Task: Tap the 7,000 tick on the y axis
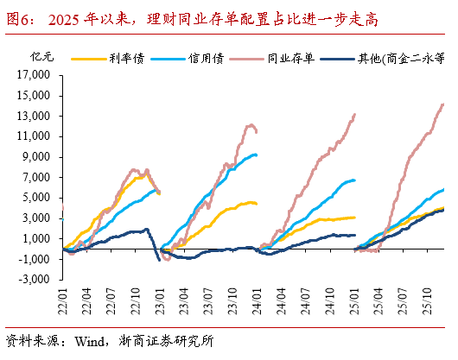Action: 43,177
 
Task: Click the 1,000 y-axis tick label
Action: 43,238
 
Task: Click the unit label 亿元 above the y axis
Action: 40,58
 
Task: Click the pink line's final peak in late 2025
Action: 442,104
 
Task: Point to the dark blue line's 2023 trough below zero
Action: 158,259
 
